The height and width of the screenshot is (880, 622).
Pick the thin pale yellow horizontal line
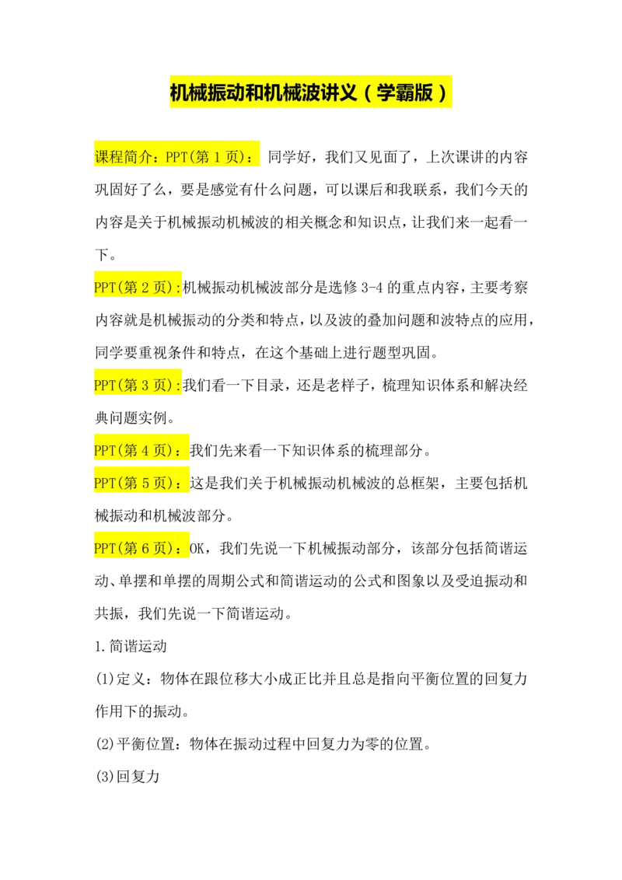443,146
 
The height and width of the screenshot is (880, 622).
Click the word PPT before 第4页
104,450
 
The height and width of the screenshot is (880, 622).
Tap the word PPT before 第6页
104,548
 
